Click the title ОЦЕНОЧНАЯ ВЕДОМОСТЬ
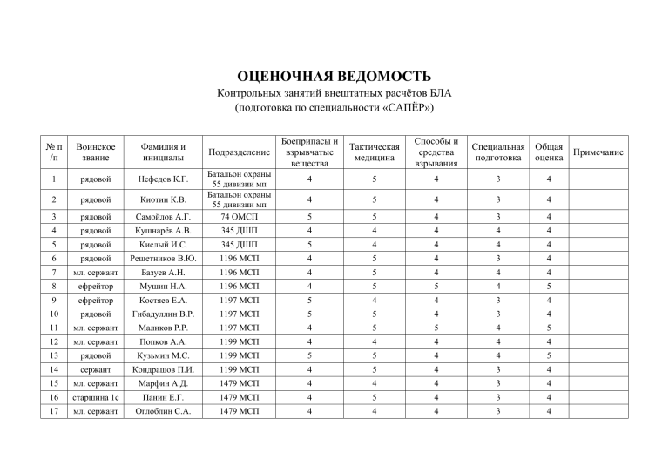click(334, 77)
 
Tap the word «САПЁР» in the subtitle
click(402, 110)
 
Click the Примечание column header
click(598, 152)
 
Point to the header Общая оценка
click(548, 152)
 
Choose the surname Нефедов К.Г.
click(163, 180)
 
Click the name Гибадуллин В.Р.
click(163, 313)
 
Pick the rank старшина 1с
click(95, 396)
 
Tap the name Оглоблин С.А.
click(163, 413)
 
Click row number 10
click(54, 313)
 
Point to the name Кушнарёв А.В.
click(163, 232)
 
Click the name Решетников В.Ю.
click(163, 258)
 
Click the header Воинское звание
click(95, 152)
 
